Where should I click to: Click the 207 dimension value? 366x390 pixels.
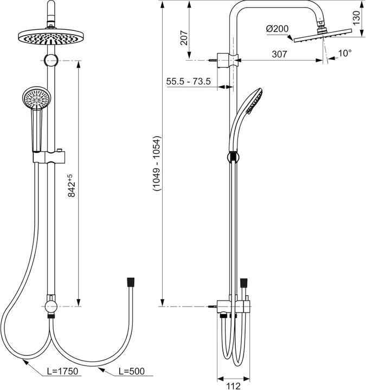pyautogui.click(x=183, y=37)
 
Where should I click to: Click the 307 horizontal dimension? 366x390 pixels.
pyautogui.click(x=279, y=54)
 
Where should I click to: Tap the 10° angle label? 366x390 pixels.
pyautogui.click(x=344, y=53)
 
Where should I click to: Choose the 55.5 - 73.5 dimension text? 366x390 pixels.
pyautogui.click(x=189, y=81)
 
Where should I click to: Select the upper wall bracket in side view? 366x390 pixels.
pyautogui.click(x=226, y=57)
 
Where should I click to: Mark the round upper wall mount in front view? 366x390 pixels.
pyautogui.click(x=50, y=60)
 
